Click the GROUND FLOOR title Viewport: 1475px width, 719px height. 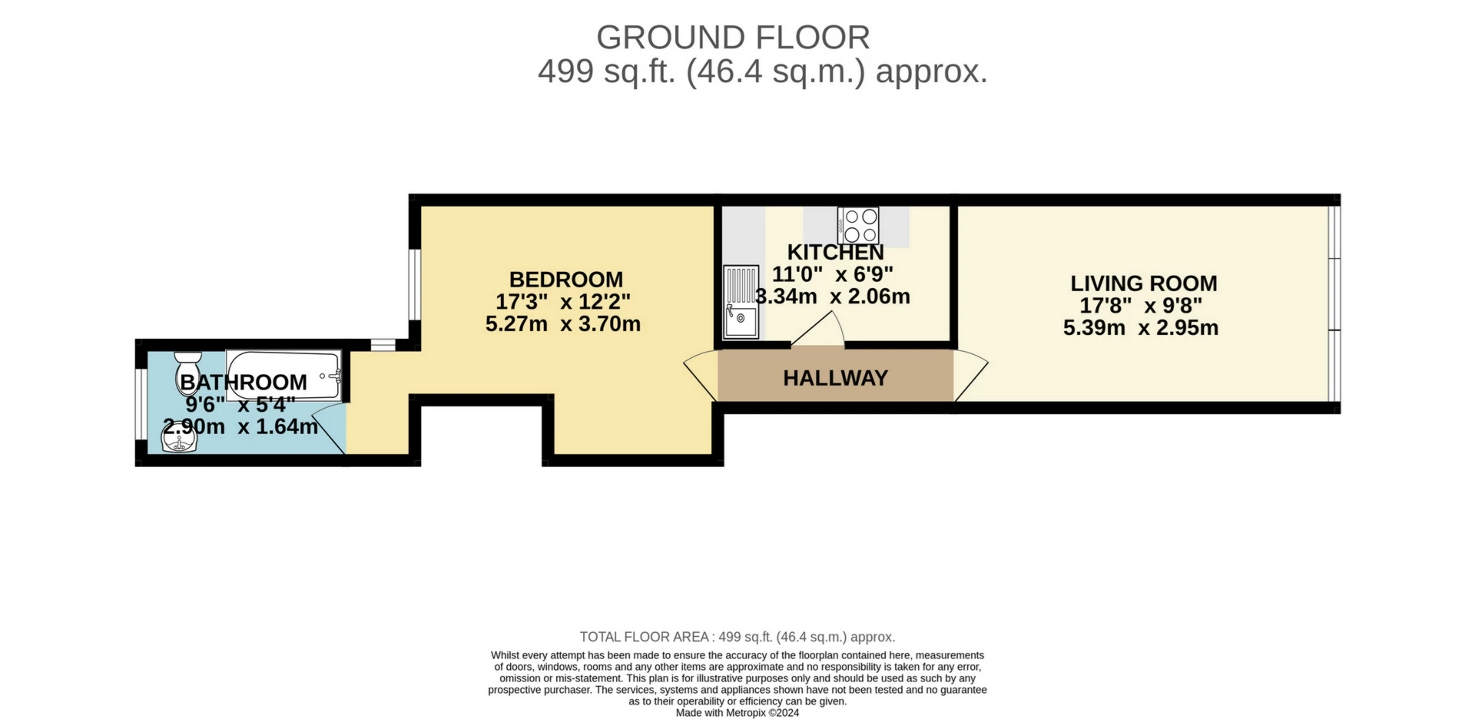(733, 38)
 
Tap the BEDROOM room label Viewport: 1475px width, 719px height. (566, 280)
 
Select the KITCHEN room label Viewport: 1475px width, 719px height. (836, 252)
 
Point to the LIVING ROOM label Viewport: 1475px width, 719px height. (1144, 283)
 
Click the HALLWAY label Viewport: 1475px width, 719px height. (836, 378)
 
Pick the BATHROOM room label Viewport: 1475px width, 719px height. (244, 382)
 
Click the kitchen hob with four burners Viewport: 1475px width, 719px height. (859, 226)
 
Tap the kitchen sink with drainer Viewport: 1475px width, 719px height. (741, 302)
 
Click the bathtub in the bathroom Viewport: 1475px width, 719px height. (283, 376)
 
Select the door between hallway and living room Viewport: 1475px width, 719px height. (970, 375)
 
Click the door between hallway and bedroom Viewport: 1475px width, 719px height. (701, 375)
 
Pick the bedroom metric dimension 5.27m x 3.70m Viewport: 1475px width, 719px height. (563, 324)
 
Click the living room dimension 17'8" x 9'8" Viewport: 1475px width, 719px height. (1141, 306)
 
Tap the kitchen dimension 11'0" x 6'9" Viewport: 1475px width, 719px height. (833, 274)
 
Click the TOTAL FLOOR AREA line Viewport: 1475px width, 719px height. (737, 637)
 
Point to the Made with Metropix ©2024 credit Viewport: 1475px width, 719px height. (737, 713)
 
